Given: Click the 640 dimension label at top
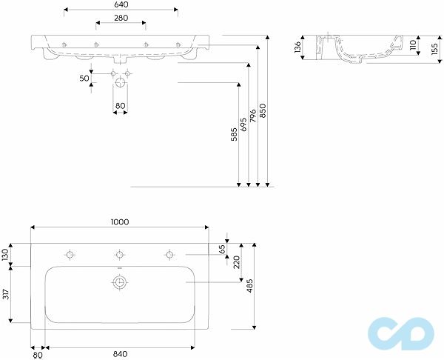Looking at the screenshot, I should [x=121, y=4].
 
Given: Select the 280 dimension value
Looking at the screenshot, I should [x=121, y=18].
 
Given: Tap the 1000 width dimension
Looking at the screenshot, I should [x=121, y=221].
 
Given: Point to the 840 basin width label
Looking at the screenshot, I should [x=121, y=353].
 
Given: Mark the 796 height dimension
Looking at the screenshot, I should [x=252, y=115].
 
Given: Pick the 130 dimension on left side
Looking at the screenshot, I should [x=6, y=254].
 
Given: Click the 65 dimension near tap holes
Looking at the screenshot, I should [x=222, y=248].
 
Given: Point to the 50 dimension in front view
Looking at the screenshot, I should [x=84, y=77].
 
